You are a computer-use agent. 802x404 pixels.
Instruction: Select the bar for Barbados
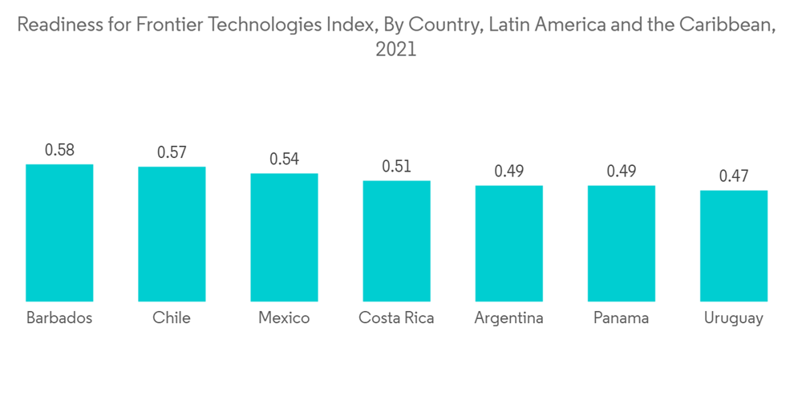coord(59,232)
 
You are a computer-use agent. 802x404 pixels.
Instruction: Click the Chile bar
coord(172,234)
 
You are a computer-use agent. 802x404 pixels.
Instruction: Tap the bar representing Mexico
coord(284,237)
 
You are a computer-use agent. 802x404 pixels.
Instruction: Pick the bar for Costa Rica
coord(396,240)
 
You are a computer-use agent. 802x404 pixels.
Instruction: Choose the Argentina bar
coord(508,243)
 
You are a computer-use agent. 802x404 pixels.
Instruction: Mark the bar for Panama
coord(621,243)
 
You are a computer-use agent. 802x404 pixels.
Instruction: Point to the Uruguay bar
coord(733,245)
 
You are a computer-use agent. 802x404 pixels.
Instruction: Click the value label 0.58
coord(59,150)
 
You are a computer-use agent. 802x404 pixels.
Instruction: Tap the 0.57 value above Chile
coord(172,152)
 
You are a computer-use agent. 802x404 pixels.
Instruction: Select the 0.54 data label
coord(284,159)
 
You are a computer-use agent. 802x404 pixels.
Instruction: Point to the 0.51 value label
coord(396,166)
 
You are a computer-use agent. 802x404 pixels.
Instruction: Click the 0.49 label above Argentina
coord(508,171)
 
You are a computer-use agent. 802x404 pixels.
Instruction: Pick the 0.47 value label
coord(733,176)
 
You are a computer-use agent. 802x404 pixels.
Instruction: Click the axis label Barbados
coord(59,318)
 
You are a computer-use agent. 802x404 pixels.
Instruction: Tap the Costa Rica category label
coord(396,318)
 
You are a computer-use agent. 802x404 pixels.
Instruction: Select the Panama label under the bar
coord(621,318)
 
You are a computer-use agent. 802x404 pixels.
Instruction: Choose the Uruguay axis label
coord(733,319)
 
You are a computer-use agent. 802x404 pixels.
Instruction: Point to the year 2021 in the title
coord(396,50)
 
